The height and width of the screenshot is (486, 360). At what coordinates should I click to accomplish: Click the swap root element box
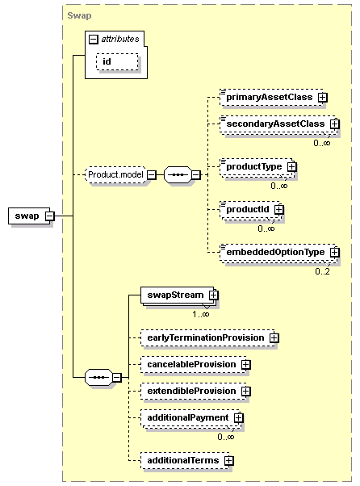[x=29, y=216]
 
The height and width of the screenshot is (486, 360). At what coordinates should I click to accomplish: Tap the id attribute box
[x=117, y=61]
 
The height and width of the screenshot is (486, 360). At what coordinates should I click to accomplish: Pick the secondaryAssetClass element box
[x=278, y=124]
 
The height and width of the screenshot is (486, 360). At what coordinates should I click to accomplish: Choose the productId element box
[x=250, y=210]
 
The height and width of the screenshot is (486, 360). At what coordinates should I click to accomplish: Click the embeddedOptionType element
[x=278, y=253]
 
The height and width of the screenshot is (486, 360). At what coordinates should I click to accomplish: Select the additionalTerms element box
[x=186, y=461]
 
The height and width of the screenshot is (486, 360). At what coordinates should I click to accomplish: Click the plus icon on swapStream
[x=213, y=295]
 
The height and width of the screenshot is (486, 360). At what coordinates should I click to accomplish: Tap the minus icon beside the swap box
[x=49, y=216]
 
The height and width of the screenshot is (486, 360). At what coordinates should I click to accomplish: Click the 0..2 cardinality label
[x=322, y=271]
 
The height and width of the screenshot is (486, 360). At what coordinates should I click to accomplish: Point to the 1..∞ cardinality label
[x=201, y=314]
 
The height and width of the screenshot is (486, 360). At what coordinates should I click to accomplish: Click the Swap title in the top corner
[x=79, y=15]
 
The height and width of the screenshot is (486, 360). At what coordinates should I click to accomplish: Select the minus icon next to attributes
[x=94, y=40]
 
